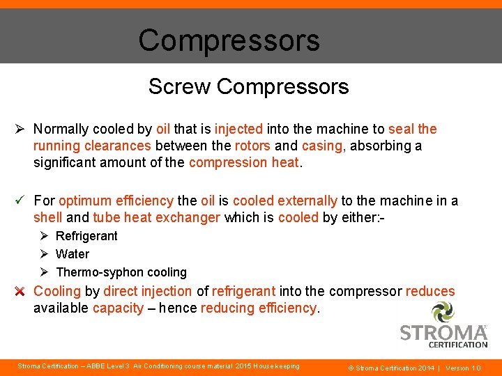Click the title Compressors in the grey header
229,40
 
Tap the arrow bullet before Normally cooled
20,129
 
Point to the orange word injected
238,129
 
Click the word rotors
252,146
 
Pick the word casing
322,146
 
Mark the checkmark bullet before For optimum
20,201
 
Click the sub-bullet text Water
73,254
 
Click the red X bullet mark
20,291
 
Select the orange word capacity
118,308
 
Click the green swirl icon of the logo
443,311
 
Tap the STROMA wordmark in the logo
443,333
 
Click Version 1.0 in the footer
463,368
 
